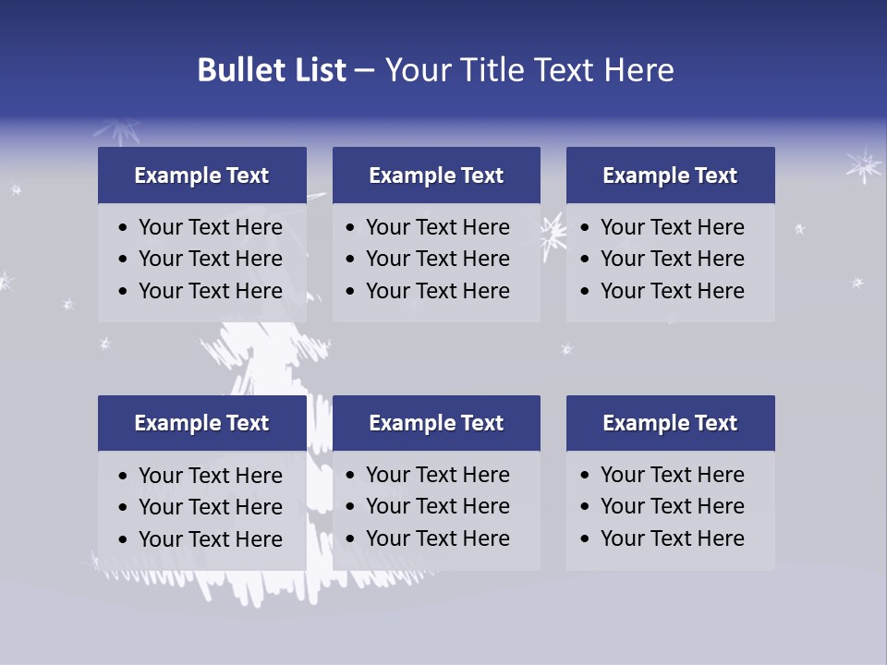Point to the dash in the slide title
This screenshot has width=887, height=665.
tap(364, 71)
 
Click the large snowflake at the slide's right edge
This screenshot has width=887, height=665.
tap(864, 165)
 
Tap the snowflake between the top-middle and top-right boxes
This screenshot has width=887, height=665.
tap(553, 235)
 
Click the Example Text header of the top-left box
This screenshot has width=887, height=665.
tap(201, 175)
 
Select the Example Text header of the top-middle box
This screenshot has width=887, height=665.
tap(436, 175)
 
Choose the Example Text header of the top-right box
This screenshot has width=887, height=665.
tap(670, 175)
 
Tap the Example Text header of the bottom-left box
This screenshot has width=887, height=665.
tap(201, 423)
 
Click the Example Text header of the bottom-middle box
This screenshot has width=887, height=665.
tap(436, 423)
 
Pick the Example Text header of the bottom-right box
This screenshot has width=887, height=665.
tap(670, 423)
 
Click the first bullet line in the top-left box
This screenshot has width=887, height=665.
tap(210, 227)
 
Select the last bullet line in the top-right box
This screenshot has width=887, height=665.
tap(672, 291)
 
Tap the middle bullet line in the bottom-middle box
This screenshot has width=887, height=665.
tap(437, 506)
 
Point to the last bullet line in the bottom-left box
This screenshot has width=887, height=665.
tap(210, 539)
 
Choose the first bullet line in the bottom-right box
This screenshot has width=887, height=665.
tap(672, 475)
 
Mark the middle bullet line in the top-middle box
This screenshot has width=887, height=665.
tap(437, 259)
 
